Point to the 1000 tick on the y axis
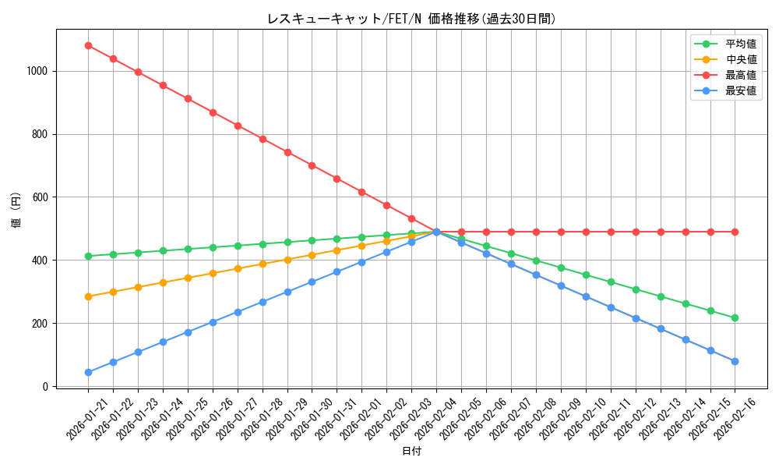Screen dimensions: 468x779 click(37, 71)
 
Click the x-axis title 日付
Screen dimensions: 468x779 click(411, 452)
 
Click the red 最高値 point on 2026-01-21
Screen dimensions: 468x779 click(88, 45)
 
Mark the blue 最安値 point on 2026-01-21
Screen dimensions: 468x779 click(88, 372)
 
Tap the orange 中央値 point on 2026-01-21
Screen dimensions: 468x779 click(88, 296)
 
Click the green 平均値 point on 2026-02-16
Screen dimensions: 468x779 click(735, 317)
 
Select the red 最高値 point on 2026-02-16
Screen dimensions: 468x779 click(735, 232)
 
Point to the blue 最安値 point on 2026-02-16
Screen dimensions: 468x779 click(735, 361)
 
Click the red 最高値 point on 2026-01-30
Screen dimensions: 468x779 click(312, 165)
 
